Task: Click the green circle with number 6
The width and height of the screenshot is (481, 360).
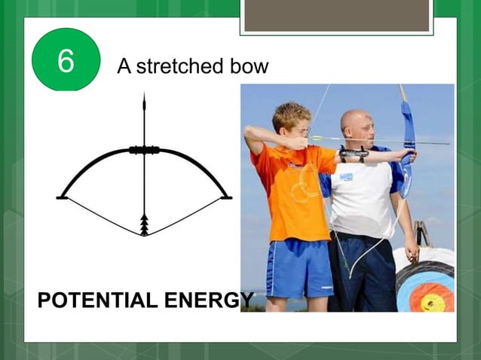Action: pos(66,60)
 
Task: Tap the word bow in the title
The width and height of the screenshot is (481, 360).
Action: pos(250,66)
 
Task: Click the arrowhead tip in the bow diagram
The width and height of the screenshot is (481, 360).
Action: pos(144,99)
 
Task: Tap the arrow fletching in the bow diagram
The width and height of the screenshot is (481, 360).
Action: pos(144,224)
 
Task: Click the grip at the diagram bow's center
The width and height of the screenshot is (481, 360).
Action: pos(144,150)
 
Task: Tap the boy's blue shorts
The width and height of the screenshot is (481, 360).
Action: pos(298,267)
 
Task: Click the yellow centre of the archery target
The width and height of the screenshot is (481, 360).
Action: pos(433,300)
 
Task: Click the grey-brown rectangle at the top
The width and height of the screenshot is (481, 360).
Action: pos(336,15)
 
